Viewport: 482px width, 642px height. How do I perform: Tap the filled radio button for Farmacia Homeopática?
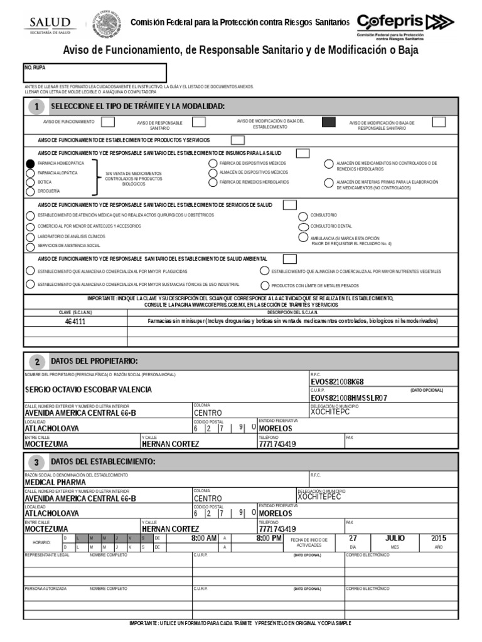(x=30, y=163)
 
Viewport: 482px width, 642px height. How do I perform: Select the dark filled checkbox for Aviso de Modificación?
(x=328, y=122)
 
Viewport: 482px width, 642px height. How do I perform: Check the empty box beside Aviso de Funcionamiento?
(x=108, y=121)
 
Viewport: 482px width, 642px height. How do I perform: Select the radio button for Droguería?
(x=30, y=191)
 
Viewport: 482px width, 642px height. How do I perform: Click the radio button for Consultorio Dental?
(x=303, y=226)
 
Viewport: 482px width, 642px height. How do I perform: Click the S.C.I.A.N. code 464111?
(x=75, y=321)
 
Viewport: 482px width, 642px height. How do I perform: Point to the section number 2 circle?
(x=37, y=362)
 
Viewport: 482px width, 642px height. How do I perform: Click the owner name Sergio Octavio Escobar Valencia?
(x=88, y=390)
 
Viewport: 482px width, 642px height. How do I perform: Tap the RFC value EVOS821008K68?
(x=337, y=381)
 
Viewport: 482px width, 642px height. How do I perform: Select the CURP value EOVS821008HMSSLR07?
(x=349, y=397)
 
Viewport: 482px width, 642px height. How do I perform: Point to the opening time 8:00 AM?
(x=204, y=539)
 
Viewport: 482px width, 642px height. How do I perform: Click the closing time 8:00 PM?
(x=269, y=539)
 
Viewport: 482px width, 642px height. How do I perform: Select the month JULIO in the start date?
(x=395, y=538)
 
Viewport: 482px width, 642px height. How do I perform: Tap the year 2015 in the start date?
(x=438, y=538)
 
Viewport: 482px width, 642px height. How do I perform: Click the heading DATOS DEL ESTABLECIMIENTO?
(x=103, y=461)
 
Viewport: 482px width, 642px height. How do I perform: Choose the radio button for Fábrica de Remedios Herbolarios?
(x=213, y=182)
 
